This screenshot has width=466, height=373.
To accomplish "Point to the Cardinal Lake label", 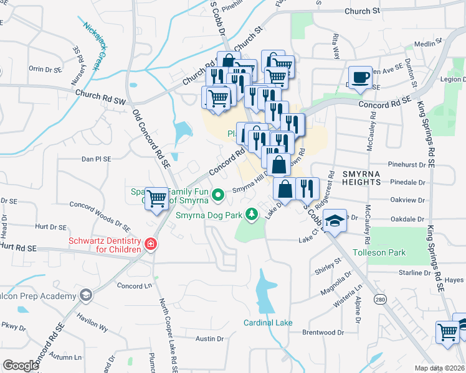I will coord(267,323).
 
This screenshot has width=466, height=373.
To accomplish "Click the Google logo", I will coord(21,366).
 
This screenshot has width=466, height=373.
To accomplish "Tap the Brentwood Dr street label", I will coord(323,333).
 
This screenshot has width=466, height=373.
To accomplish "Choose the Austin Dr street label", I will coord(209,339).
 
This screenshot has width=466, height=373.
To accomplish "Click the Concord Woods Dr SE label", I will coord(100,213).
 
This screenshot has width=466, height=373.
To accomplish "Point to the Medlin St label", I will coord(427,45).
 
